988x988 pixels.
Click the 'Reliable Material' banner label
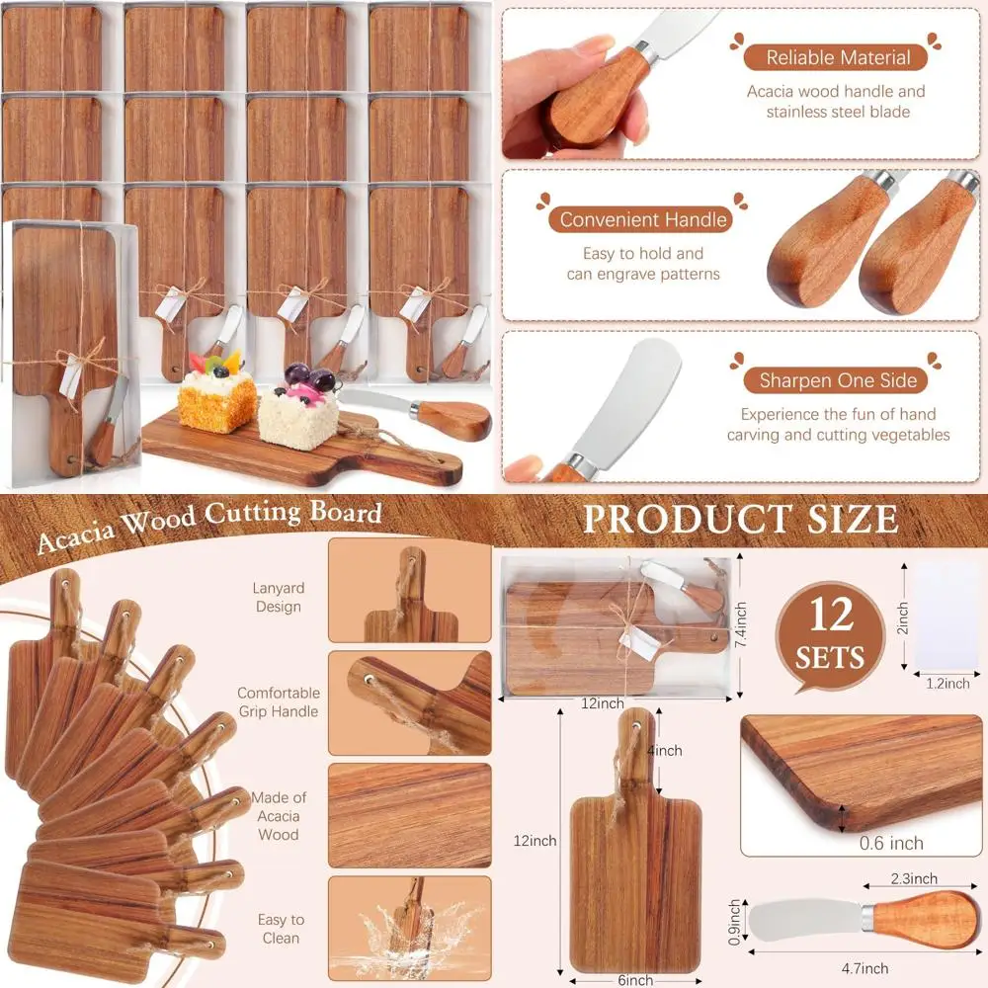pos(837,57)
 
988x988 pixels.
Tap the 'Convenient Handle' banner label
pos(643,219)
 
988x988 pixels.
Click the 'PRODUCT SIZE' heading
pos(740,519)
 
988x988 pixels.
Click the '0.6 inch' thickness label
pos(891,843)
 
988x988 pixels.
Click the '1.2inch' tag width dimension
pos(946,683)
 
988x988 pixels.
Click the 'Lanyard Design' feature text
pos(278,598)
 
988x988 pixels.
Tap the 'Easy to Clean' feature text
pos(281,929)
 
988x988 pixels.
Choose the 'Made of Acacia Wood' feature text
pos(278,816)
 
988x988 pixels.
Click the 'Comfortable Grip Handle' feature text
pos(278,702)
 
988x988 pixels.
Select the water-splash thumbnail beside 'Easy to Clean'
pos(409,928)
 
